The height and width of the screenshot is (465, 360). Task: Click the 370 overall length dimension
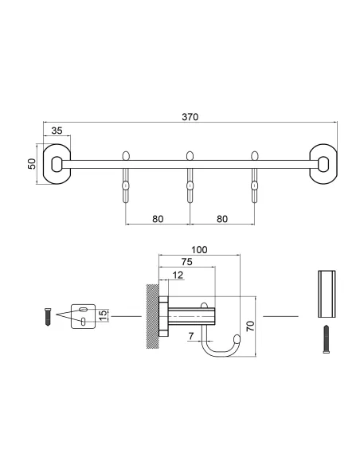click(x=190, y=116)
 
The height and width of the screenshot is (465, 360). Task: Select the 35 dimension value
click(x=57, y=132)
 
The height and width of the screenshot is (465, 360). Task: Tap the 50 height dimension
click(x=32, y=164)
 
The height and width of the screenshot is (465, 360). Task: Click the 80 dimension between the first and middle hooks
click(x=157, y=217)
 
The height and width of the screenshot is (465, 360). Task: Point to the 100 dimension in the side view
click(x=199, y=250)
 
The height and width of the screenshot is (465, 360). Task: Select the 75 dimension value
click(x=185, y=262)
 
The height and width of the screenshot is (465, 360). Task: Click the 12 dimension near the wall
click(x=176, y=275)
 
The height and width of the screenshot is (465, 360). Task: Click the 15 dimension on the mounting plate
click(x=102, y=316)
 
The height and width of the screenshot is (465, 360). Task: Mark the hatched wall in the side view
click(x=151, y=316)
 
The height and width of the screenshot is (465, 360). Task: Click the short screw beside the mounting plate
click(x=47, y=316)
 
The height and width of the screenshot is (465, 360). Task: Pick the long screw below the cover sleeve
click(x=326, y=340)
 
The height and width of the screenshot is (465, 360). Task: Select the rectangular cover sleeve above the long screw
click(x=326, y=291)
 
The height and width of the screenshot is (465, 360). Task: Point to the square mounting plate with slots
click(x=84, y=316)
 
